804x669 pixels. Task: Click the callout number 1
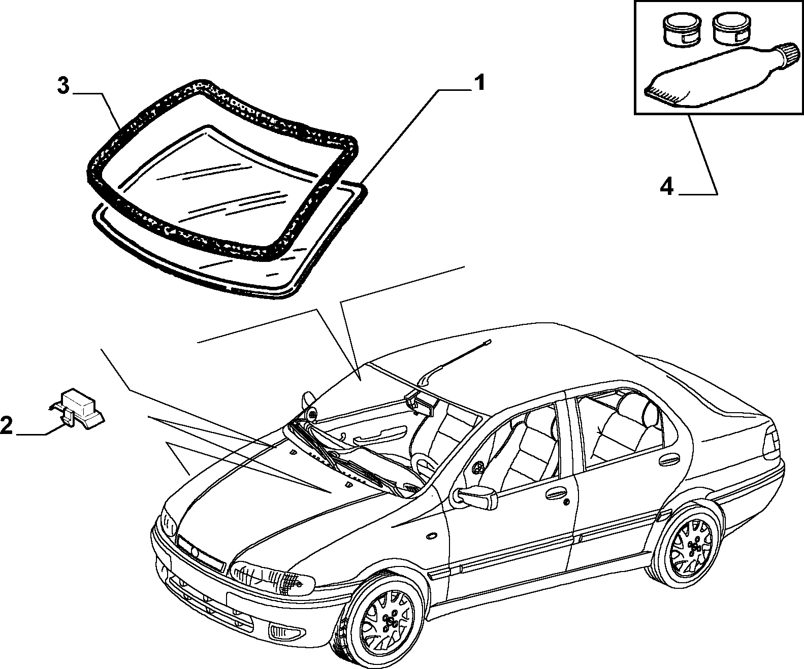[x=479, y=83]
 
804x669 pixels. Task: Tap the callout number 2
[x=6, y=425]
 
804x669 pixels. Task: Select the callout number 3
[x=63, y=86]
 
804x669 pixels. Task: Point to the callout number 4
[x=667, y=187]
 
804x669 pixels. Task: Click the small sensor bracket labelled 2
[x=77, y=409]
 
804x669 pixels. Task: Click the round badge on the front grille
[x=195, y=553]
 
